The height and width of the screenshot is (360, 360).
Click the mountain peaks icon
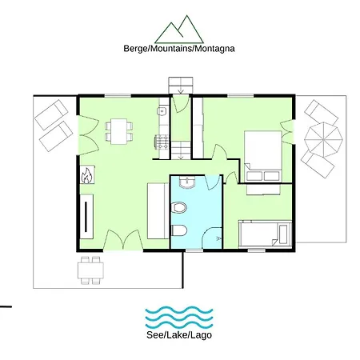[x=179, y=30]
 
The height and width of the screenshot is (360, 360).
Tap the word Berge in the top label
[x=135, y=49]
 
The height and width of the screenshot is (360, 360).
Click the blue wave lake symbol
[x=179, y=318]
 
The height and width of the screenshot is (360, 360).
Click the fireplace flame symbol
[x=87, y=175]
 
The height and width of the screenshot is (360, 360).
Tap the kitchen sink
[x=162, y=111]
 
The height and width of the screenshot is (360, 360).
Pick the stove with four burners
[x=162, y=142]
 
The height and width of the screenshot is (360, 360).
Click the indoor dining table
[x=119, y=131]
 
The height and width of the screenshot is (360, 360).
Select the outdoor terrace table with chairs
[x=90, y=270]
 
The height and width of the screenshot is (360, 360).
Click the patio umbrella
[x=323, y=139]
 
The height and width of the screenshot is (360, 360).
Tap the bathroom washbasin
[x=187, y=182]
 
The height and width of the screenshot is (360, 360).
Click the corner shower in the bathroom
[x=212, y=238]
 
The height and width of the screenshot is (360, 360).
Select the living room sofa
[x=158, y=210]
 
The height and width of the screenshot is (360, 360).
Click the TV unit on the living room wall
[x=86, y=217]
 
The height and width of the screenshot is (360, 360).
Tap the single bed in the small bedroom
[x=266, y=234]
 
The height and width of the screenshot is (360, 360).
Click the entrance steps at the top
[x=181, y=86]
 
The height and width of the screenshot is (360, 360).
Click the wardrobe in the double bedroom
[x=198, y=128]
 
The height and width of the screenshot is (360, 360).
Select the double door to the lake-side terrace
[x=123, y=240]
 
